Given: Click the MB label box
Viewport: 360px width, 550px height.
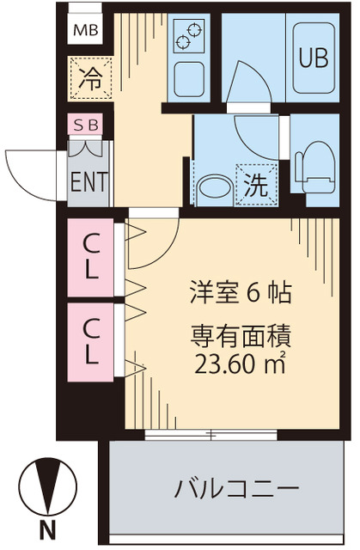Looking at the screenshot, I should [86, 32].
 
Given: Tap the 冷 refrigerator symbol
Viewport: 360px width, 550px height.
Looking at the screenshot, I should [90, 78].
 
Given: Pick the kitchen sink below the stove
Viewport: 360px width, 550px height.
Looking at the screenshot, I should [188, 80].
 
